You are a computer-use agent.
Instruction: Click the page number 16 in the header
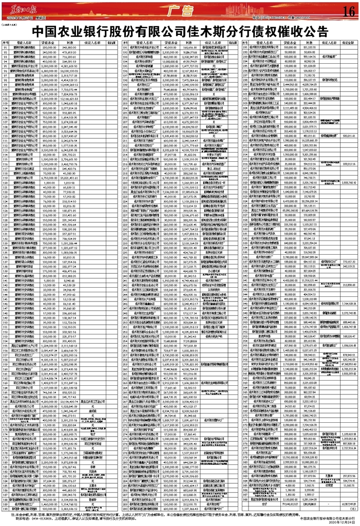click(x=347, y=11)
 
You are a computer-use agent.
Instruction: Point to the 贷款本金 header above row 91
click(x=48, y=43)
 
